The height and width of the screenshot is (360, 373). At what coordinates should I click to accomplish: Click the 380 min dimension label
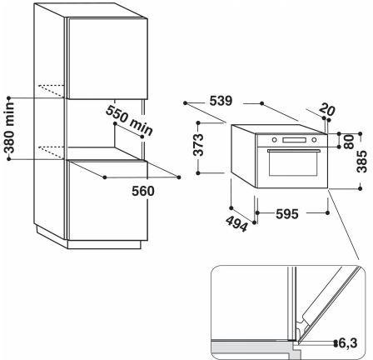click(10, 127)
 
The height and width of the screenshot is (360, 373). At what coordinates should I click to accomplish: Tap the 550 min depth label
click(129, 121)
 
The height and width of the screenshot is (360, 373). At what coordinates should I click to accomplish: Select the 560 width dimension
click(142, 191)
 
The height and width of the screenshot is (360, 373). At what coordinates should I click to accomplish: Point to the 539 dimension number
click(221, 101)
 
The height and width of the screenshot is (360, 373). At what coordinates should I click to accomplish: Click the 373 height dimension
click(199, 145)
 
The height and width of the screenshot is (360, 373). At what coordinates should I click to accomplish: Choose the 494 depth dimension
click(236, 224)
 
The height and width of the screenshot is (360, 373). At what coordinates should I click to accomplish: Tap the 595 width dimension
click(287, 213)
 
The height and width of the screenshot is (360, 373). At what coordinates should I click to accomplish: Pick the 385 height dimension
click(361, 162)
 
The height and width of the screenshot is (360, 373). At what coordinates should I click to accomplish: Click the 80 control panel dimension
click(349, 142)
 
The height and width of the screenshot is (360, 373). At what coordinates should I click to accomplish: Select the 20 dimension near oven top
click(327, 109)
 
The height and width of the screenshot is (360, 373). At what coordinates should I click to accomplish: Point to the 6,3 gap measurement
click(348, 343)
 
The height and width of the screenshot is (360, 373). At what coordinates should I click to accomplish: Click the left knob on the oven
click(274, 140)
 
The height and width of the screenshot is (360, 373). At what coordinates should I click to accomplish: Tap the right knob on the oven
click(314, 140)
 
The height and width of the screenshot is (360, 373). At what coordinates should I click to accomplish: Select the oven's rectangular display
click(294, 140)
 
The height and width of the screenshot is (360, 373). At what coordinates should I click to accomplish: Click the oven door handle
click(294, 151)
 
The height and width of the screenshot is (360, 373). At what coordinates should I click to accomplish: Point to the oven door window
click(293, 164)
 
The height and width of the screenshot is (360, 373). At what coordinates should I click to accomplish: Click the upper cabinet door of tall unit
click(107, 58)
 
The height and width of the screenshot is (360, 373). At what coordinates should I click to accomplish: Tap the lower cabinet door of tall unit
click(107, 201)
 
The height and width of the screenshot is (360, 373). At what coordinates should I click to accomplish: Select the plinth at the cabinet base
click(104, 245)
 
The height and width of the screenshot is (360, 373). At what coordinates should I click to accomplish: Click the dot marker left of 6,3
click(336, 343)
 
